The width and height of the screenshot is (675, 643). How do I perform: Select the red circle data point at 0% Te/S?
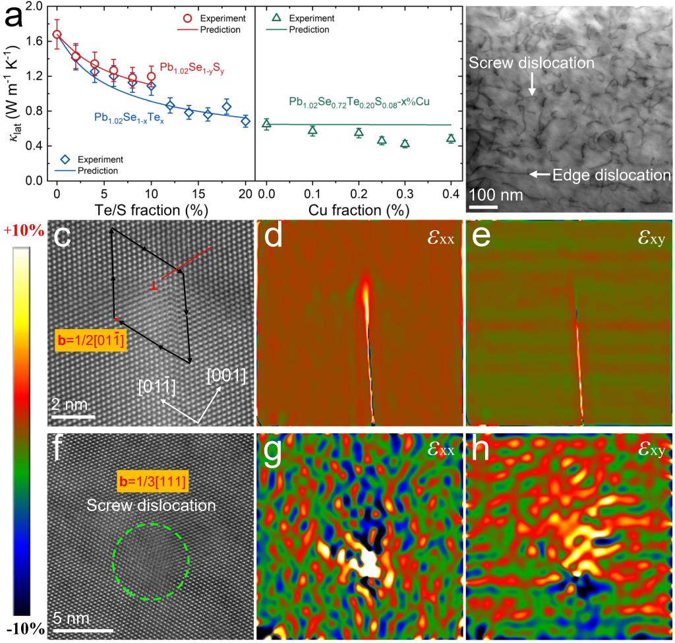(57, 34)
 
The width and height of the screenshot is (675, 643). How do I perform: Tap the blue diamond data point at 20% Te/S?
(245, 121)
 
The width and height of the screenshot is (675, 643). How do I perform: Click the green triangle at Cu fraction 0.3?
(405, 143)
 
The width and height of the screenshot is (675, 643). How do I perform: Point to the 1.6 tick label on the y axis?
(34, 41)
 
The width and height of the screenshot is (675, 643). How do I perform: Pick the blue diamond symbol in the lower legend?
(65, 158)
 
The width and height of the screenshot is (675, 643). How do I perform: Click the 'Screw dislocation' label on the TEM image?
(531, 63)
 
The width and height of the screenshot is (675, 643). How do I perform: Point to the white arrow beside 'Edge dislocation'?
(539, 174)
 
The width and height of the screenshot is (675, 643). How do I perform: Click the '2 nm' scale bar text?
(70, 404)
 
